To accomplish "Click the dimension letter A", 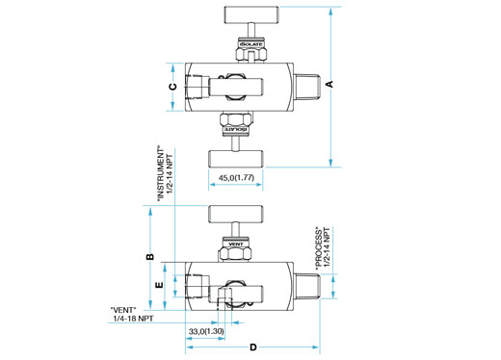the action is [x=330, y=84].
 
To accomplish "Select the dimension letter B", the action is [x=150, y=257].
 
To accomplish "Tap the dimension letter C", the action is [x=173, y=87].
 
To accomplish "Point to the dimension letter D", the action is [x=253, y=347].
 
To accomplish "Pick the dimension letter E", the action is [x=160, y=285].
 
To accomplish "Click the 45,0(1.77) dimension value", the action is [x=236, y=178].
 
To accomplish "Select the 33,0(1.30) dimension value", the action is [x=206, y=331].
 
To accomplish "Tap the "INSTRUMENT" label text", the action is [x=161, y=174].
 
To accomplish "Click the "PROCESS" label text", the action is [x=319, y=247].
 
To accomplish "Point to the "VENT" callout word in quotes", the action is [x=123, y=310].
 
